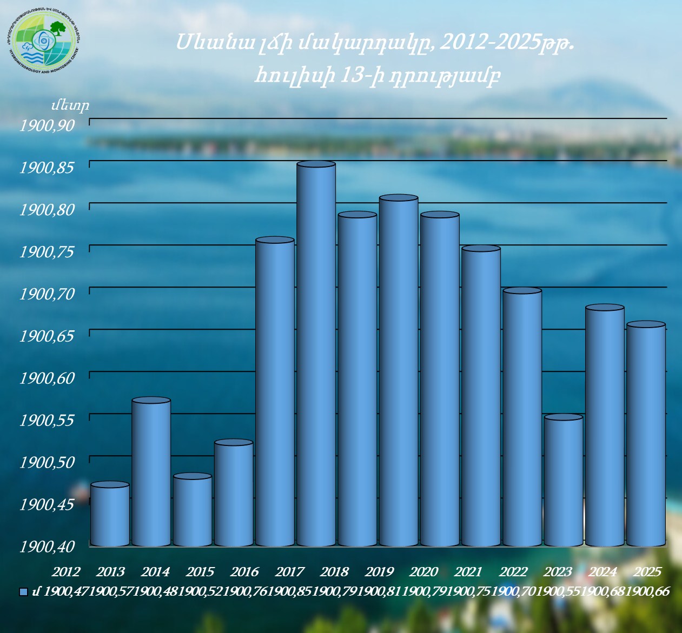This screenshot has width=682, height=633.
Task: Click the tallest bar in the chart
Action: pyautogui.click(x=316, y=354)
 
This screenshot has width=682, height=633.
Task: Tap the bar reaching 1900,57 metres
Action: pyautogui.click(x=151, y=473)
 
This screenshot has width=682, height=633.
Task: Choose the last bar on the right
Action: pyautogui.click(x=646, y=435)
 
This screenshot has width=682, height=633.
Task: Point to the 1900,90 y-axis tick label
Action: pyautogui.click(x=47, y=125)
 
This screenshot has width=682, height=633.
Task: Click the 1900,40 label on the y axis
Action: pyautogui.click(x=47, y=547)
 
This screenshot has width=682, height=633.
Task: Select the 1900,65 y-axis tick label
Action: pyautogui.click(x=47, y=336)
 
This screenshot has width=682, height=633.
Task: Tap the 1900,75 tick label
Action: pyautogui.click(x=47, y=252)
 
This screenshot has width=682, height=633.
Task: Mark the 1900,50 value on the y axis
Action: pyautogui.click(x=47, y=462)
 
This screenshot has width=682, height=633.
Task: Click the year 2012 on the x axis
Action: pyautogui.click(x=66, y=571)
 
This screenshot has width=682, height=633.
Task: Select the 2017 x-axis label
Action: pyautogui.click(x=290, y=571)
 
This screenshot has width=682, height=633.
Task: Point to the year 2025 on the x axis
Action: pyautogui.click(x=647, y=571)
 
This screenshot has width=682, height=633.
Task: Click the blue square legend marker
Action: pyautogui.click(x=23, y=592)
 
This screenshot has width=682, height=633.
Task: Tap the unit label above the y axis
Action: pyautogui.click(x=70, y=105)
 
